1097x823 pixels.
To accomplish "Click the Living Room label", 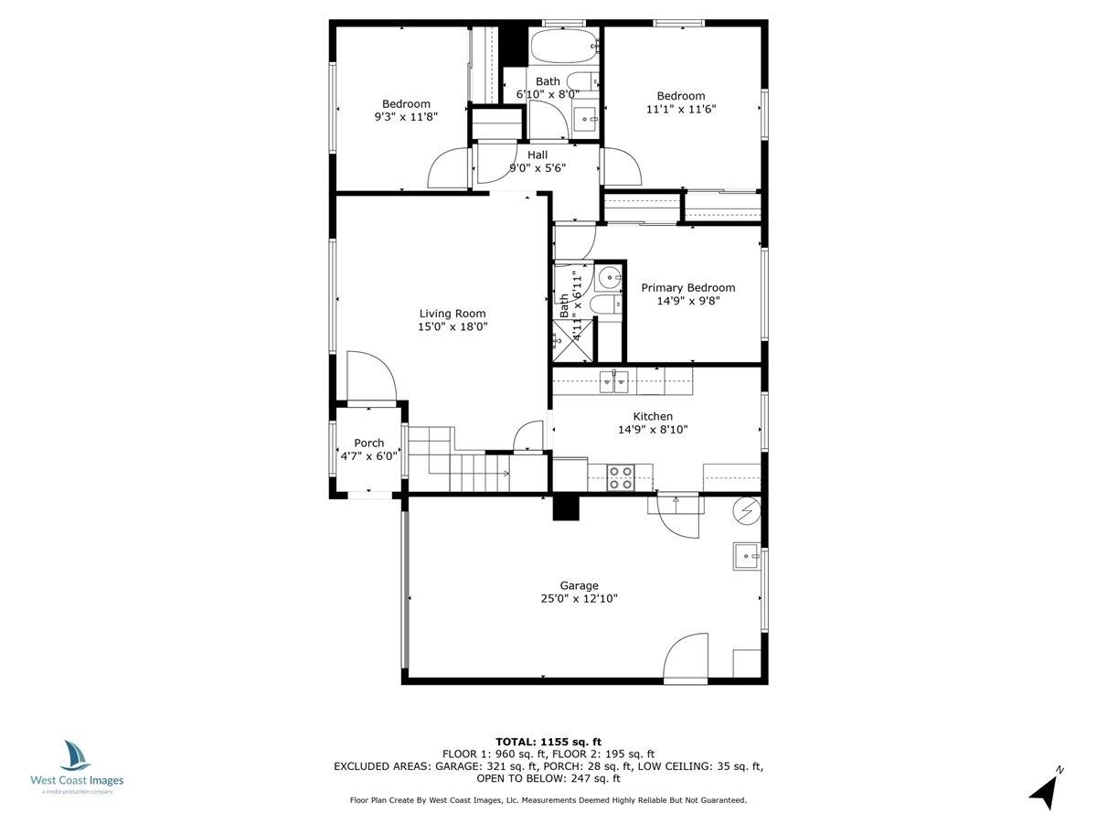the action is pos(453,314).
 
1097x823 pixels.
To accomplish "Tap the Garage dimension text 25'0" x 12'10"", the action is pos(580,598).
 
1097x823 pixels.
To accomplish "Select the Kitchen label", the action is pos(653,416).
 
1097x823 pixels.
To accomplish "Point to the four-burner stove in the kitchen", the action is pos(620,477).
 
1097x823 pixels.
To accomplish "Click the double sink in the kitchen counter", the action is pos(613,381).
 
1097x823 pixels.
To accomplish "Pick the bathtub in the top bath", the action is pos(565,46).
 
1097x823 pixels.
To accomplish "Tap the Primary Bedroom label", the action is pos(688,287).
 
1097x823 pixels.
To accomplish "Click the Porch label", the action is pos(368,443).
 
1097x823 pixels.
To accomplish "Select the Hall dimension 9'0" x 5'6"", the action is pos(538,168).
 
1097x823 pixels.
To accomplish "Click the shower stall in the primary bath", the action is pos(573,340).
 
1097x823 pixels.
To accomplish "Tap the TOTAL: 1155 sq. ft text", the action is pos(548,742).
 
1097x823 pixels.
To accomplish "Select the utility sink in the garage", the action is pos(747,556).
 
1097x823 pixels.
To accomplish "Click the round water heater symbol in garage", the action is pos(747,511).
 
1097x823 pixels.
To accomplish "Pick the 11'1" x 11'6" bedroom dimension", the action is pos(681,109).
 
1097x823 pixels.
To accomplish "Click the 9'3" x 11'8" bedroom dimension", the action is pos(406,117).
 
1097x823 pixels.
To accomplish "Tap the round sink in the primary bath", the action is pos(609,276).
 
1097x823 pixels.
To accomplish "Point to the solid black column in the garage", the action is pos(565,508).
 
